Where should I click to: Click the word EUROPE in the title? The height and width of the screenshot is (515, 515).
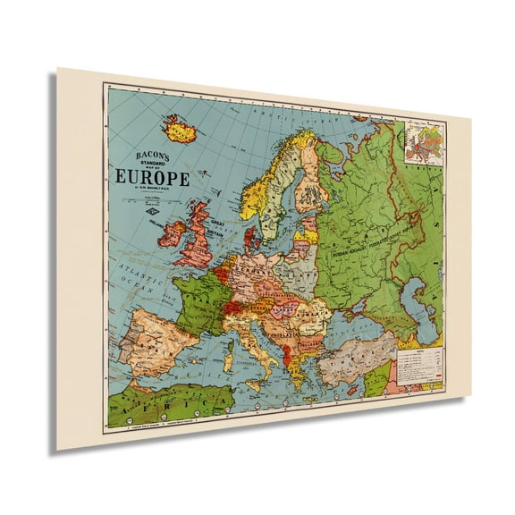[x=151, y=178]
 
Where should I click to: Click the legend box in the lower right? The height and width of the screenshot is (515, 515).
[x=420, y=366]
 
